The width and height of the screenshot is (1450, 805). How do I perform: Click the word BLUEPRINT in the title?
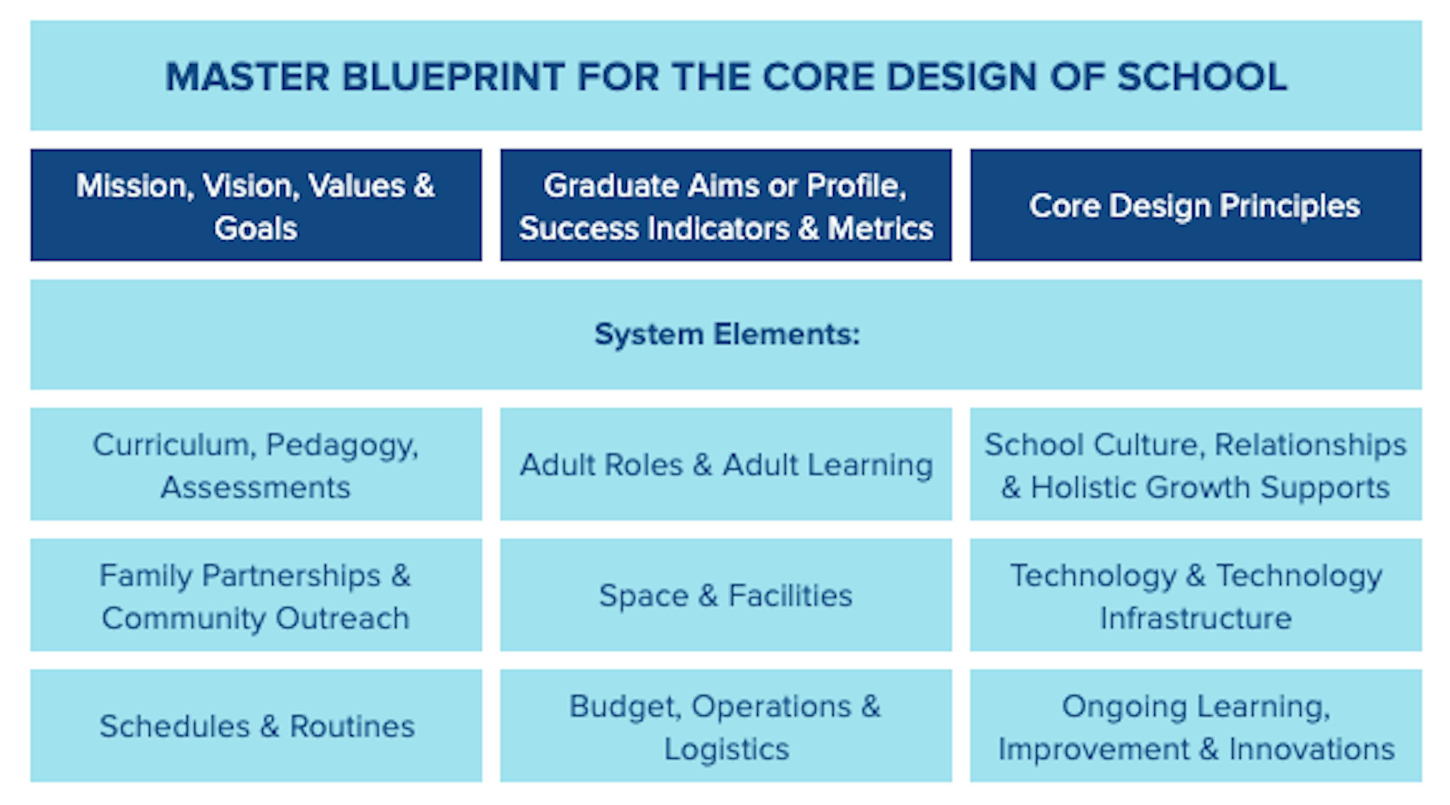point(452,77)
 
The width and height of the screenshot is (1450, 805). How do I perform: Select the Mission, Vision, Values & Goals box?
point(256,206)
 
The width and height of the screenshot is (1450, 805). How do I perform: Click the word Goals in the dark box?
point(256,229)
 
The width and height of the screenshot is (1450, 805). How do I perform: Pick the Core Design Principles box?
point(1195,206)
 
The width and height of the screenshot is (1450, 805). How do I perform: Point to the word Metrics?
point(880,229)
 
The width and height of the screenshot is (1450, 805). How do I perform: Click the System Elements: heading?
point(727,335)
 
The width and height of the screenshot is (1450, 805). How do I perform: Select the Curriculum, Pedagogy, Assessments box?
point(256,465)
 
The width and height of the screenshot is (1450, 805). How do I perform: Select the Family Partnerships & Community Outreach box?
point(256,596)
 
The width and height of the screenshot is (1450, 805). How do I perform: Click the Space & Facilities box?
point(726,596)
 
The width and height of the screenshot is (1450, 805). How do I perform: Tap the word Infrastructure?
point(1195,619)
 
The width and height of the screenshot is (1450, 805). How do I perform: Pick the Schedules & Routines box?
point(256,726)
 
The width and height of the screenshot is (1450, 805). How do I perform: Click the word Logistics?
point(727,749)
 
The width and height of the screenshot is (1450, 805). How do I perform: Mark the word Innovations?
point(1312,749)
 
